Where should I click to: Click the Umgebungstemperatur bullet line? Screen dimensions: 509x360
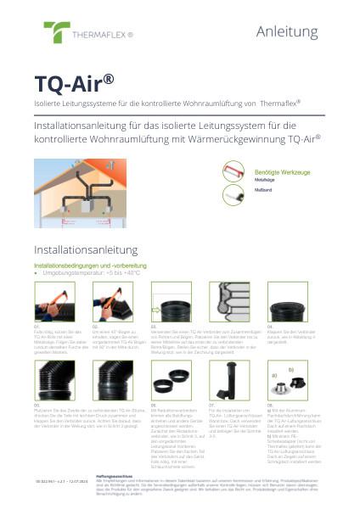click(x=88, y=273)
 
